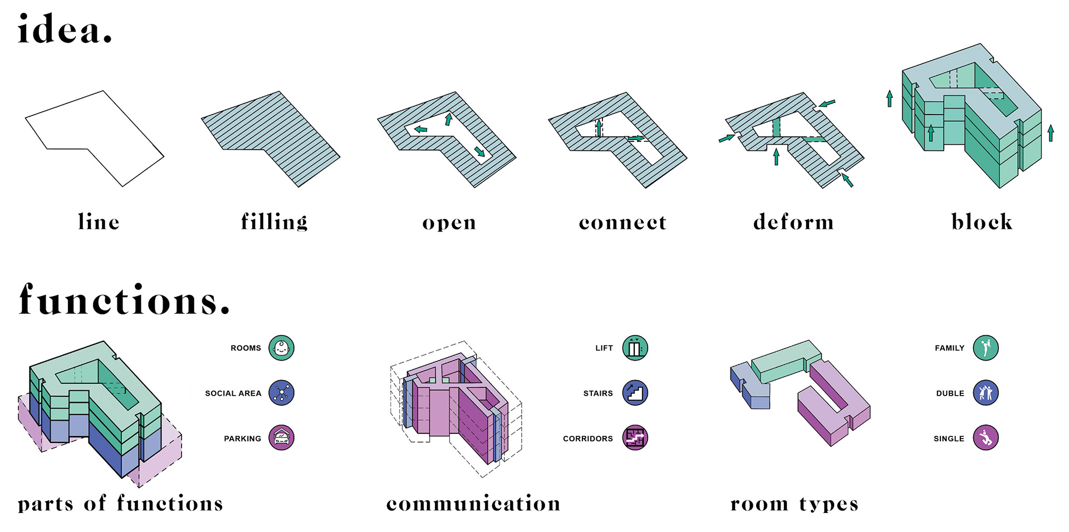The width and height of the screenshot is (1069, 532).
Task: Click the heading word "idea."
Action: [x=65, y=29]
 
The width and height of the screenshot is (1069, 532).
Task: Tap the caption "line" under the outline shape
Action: [x=99, y=222]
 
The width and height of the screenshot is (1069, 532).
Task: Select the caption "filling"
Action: [x=274, y=222]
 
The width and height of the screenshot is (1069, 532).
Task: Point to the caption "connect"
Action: [x=622, y=223]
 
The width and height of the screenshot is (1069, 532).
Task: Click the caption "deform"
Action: [x=793, y=222]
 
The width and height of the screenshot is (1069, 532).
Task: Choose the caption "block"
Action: [x=982, y=222]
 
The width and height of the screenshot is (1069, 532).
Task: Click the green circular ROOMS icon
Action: [x=281, y=348]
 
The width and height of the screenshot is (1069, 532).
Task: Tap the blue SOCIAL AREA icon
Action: [x=281, y=393]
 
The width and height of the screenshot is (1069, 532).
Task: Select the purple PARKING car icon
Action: [x=281, y=438]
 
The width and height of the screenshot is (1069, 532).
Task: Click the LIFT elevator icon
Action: [x=635, y=348]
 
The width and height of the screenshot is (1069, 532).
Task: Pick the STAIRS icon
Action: [x=635, y=393]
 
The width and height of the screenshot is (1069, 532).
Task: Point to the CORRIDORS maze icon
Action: [x=635, y=438]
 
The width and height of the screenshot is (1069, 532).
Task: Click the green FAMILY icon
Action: [x=985, y=348]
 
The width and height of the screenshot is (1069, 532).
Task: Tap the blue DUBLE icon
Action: [x=985, y=393]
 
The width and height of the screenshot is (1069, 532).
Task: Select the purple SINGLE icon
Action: [x=985, y=438]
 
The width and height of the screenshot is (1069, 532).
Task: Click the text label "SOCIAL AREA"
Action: [x=233, y=393]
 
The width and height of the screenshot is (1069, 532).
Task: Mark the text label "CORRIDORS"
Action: [x=587, y=439]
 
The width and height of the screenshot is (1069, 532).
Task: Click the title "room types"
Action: [x=794, y=504]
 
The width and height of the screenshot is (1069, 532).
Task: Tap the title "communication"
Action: [x=473, y=504]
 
